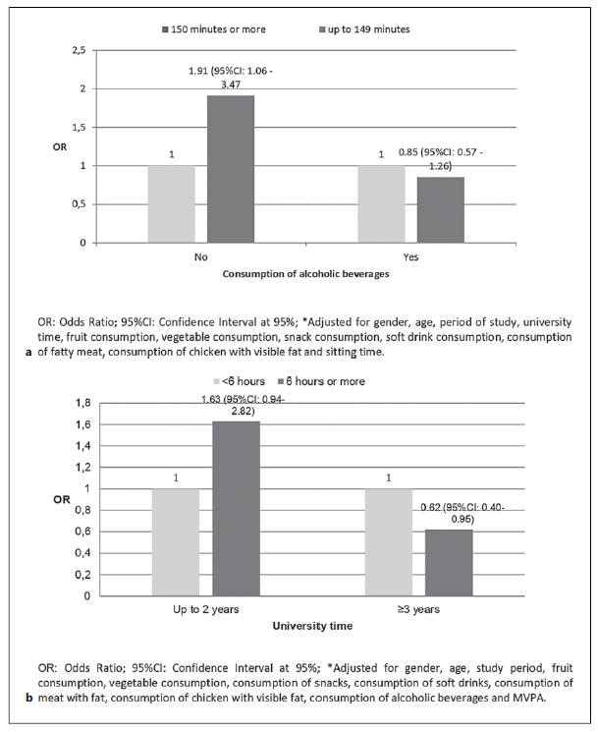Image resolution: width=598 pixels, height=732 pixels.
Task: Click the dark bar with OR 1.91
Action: (231, 169)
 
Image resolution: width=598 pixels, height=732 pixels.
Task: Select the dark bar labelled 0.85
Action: (440, 210)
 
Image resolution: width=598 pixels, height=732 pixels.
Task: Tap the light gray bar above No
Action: (172, 204)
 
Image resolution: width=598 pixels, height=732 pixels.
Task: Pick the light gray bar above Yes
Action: (381, 204)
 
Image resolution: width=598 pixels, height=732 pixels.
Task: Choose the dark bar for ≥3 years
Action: (448, 562)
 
